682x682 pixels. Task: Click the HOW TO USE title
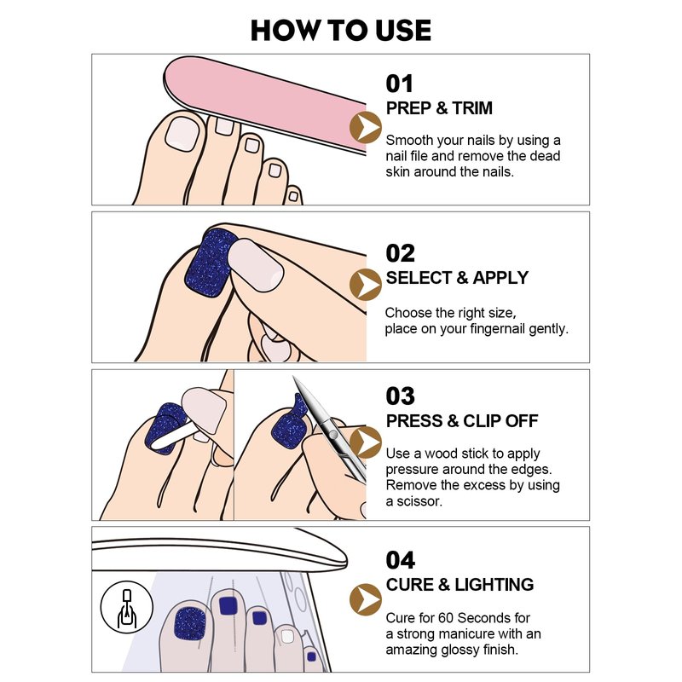[340, 31]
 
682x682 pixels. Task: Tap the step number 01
[399, 84]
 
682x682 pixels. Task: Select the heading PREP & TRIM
[439, 108]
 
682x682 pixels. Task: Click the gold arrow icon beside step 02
[366, 285]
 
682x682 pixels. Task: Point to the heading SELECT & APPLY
[457, 278]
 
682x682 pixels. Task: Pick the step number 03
[400, 396]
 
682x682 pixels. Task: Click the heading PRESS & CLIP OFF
[462, 420]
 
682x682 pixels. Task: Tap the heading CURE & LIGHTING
[459, 585]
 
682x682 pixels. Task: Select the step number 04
[400, 560]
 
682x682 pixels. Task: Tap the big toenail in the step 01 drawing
[182, 133]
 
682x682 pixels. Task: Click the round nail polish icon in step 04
[126, 607]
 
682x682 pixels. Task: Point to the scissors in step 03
[331, 429]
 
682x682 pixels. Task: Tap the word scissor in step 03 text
[419, 501]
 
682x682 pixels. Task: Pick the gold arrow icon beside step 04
[366, 599]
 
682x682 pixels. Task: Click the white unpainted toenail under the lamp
[287, 636]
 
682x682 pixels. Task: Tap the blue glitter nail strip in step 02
[210, 263]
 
